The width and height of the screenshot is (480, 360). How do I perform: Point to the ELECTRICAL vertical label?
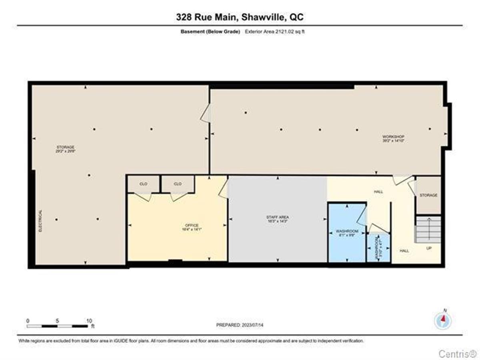coord(40,221)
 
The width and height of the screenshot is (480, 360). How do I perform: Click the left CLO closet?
coord(143,184)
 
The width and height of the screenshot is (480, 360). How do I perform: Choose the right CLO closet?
coord(178,184)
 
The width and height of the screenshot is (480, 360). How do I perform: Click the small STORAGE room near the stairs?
coord(428,195)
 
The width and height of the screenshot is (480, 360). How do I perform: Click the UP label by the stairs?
coord(428,248)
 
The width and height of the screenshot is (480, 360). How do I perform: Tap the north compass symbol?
coord(443,320)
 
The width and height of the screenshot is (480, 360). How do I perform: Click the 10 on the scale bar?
coord(89,320)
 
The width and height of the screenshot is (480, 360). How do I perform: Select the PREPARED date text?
coord(240,325)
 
